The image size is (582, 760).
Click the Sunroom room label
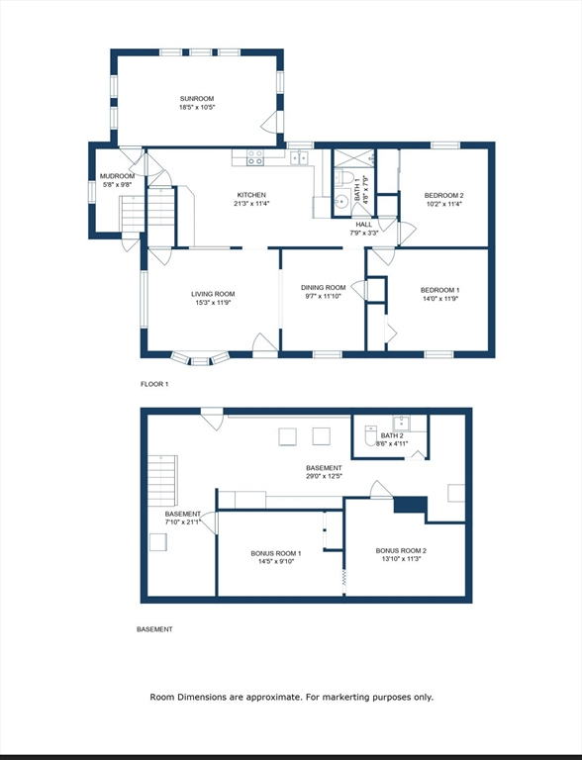197,103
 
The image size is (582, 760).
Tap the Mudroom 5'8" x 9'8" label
117,180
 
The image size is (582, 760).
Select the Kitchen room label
251,199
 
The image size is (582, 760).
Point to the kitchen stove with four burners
255,157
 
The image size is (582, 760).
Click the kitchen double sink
299,157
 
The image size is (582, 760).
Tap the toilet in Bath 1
342,177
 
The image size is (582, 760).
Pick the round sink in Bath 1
343,200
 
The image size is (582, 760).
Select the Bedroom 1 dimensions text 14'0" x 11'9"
439,299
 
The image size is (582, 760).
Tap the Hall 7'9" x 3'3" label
364,229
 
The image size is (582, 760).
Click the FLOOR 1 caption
154,384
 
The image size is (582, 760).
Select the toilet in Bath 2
371,434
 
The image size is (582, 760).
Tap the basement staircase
163,480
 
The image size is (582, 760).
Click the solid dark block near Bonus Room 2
411,505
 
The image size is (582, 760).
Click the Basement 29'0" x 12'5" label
324,472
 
